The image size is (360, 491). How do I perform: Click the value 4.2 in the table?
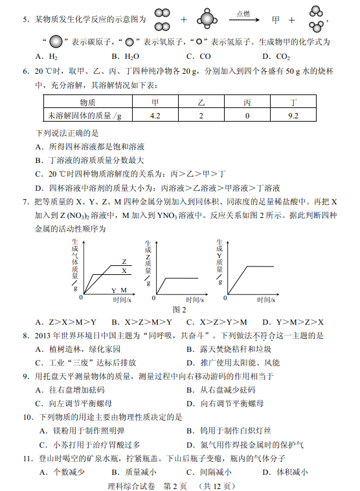pyautogui.click(x=155, y=116)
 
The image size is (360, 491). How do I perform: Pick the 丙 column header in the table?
pyautogui.click(x=247, y=103)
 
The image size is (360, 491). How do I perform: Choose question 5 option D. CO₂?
pyautogui.click(x=276, y=56)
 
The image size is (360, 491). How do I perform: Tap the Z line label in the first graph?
pyautogui.click(x=124, y=262)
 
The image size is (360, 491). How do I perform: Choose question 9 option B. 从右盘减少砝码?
pyautogui.click(x=220, y=390)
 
